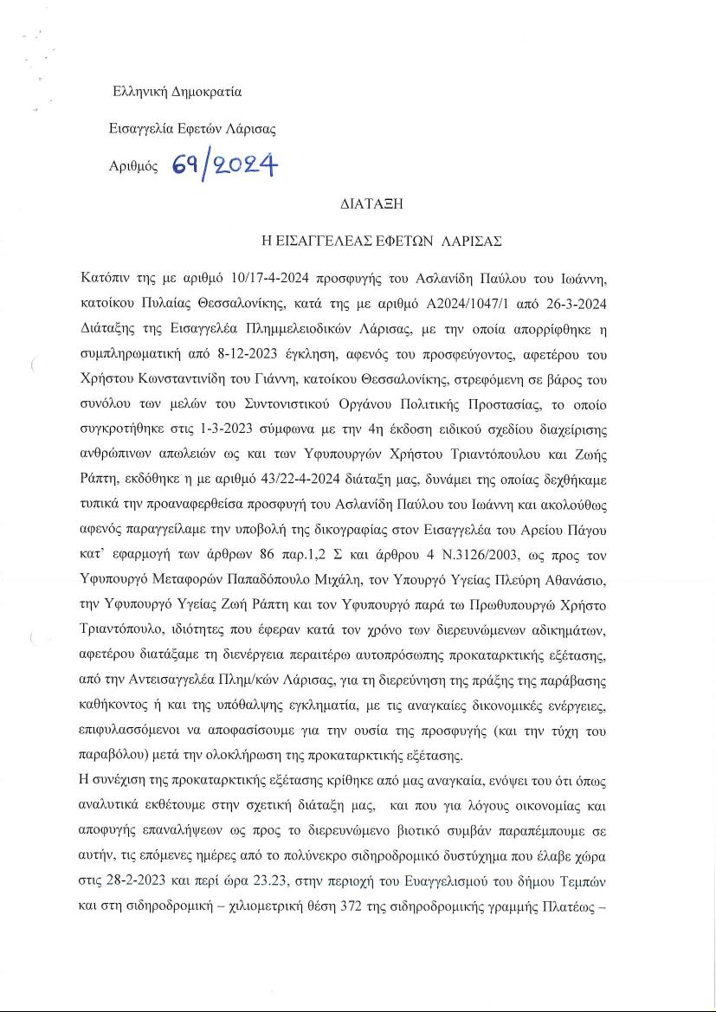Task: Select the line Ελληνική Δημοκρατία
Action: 177,92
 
